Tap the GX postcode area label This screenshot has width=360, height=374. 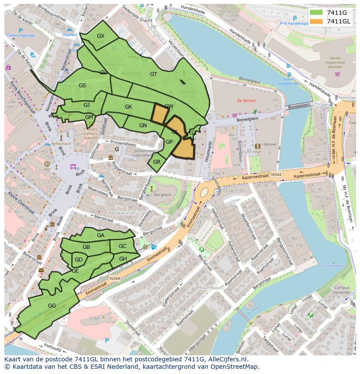(x=101, y=36)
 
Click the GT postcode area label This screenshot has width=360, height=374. (x=153, y=74)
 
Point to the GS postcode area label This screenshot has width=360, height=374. (x=82, y=86)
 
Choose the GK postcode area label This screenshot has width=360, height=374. (x=128, y=107)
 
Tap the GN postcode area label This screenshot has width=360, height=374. (x=143, y=126)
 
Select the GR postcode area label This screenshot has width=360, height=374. (x=157, y=162)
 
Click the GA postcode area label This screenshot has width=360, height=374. (x=100, y=235)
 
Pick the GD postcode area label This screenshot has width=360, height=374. (x=79, y=260)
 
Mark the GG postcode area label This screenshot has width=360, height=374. (x=52, y=306)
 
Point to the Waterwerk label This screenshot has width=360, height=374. (x=333, y=265)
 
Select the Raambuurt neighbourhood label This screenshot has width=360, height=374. (x=210, y=288)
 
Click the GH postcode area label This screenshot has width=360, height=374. (x=123, y=259)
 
